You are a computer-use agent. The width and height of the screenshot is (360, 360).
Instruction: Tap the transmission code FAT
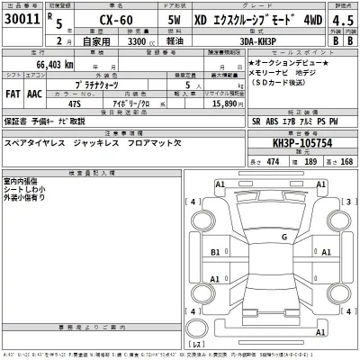tap(14, 92)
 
